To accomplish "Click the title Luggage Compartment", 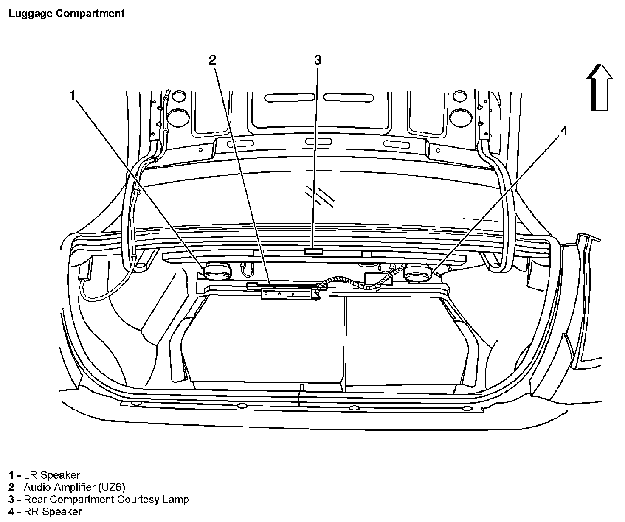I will point(67,13).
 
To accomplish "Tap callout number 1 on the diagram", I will point(73,95).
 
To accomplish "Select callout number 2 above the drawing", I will point(212,60).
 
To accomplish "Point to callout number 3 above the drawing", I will point(318,60).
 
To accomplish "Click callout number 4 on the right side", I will point(564,131).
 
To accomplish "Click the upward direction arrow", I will point(600,88).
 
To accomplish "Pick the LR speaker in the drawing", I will point(217,272).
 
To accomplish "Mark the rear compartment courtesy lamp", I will point(313,251).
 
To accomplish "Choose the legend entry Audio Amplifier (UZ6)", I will point(74,487).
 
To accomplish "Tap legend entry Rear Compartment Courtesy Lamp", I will point(106,500).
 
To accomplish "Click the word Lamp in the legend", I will point(176,500).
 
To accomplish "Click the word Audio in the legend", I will point(35,487).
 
